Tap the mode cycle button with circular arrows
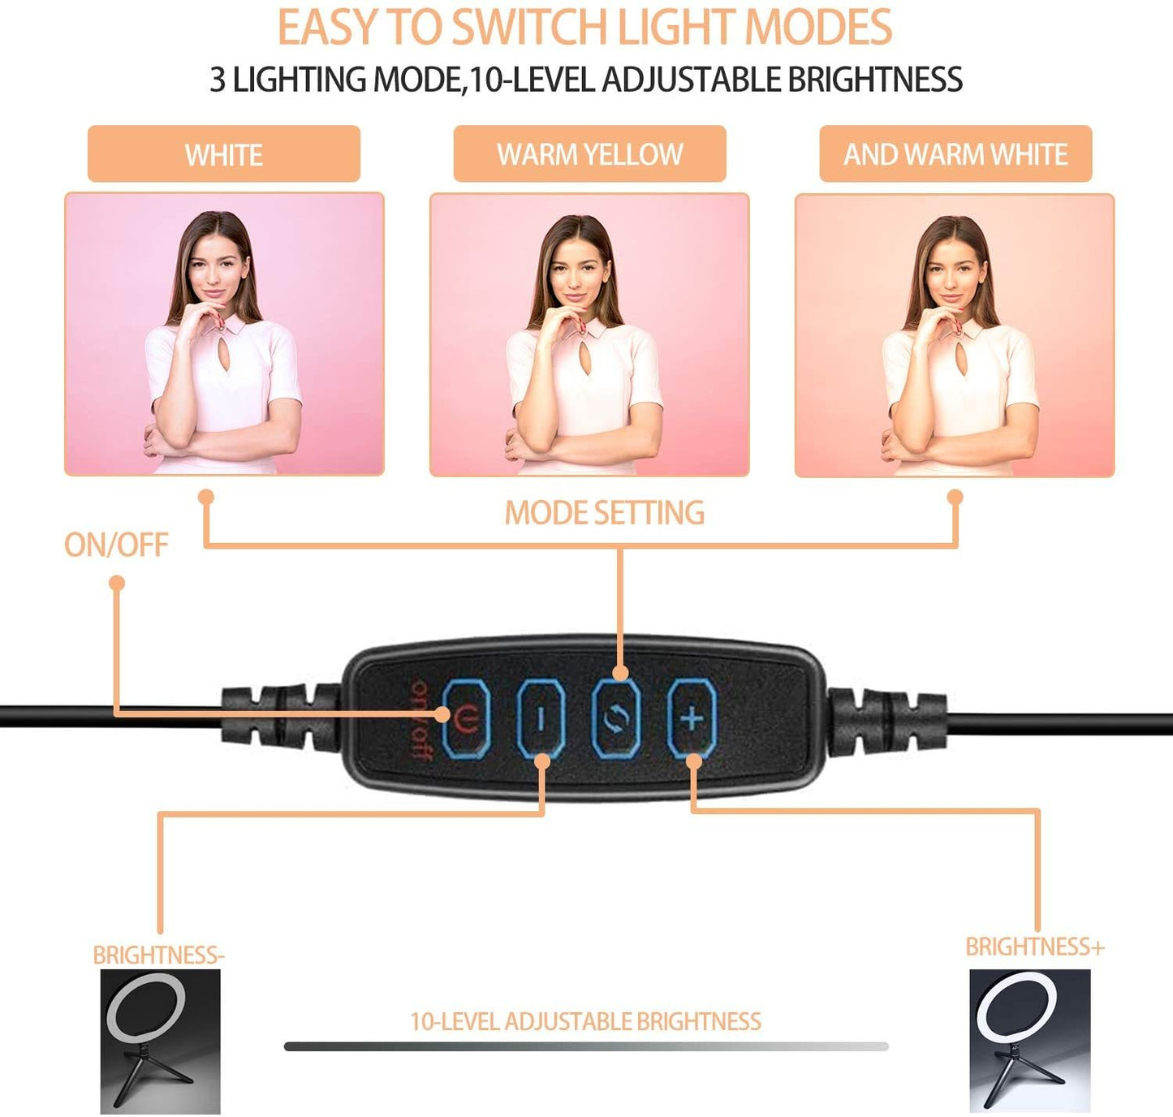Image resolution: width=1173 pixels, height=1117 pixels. click(x=616, y=719)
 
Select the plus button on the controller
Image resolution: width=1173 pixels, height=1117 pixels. click(x=692, y=719)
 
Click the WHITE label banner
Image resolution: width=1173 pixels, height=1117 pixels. click(x=224, y=154)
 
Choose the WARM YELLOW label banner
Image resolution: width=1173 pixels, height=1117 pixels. click(x=589, y=154)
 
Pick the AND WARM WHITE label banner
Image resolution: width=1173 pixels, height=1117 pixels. click(x=955, y=154)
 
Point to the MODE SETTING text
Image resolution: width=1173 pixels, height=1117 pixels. click(x=605, y=512)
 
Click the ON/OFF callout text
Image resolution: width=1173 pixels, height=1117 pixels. click(x=116, y=545)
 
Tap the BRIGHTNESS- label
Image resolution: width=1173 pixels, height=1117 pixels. click(x=159, y=955)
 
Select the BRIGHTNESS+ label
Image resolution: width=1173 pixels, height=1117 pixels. click(x=1035, y=947)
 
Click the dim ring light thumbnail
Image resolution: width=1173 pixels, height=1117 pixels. click(x=160, y=1042)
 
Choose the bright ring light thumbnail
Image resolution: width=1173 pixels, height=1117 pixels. click(x=1030, y=1042)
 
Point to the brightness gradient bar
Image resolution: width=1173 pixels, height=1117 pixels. click(x=586, y=1046)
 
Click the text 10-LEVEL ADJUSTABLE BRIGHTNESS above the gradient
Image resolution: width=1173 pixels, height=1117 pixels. click(x=585, y=1021)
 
